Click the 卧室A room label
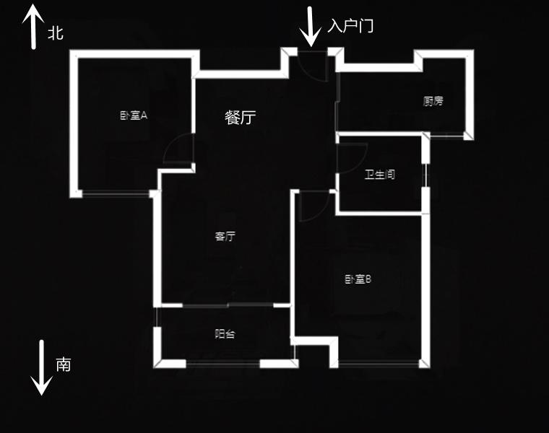[134, 115]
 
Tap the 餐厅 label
[240, 118]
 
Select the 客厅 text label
[225, 237]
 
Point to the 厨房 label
[433, 102]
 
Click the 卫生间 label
[380, 175]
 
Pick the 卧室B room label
[358, 279]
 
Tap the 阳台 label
[225, 334]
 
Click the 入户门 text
[350, 26]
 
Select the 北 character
[56, 33]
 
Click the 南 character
[64, 364]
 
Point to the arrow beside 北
[34, 27]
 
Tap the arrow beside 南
[41, 367]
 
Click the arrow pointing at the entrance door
[310, 27]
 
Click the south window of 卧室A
[116, 193]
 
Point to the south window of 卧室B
[379, 364]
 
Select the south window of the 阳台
[222, 364]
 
